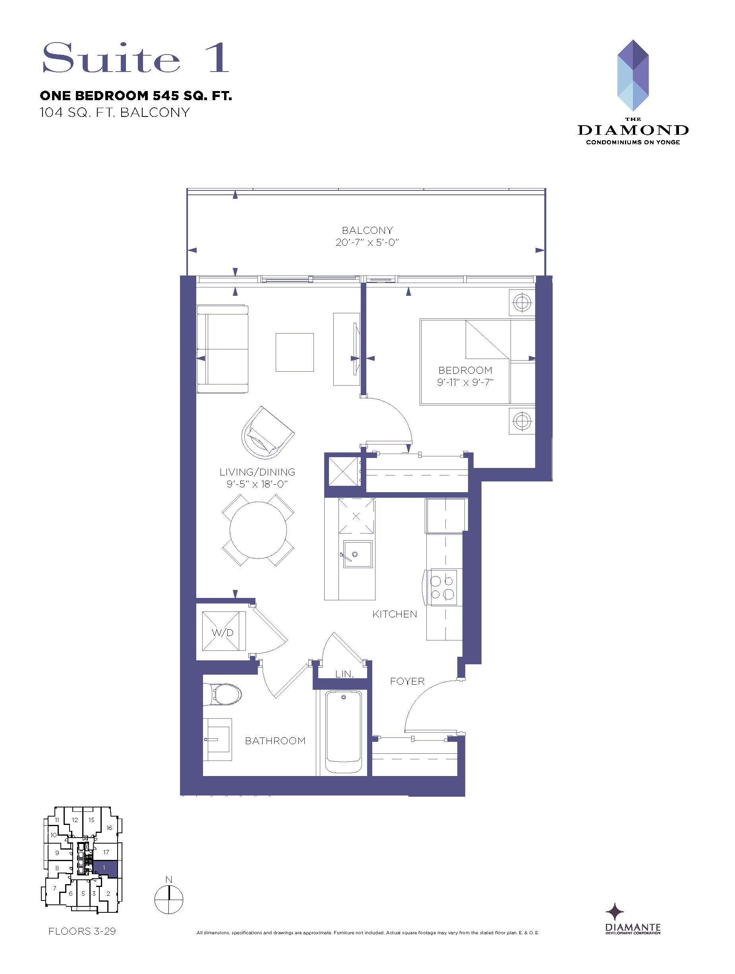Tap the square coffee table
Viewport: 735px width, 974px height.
pos(294,352)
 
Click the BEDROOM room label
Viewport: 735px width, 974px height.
pos(465,370)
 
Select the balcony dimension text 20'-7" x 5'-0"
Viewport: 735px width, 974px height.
pos(367,242)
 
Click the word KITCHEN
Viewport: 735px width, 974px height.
pos(395,614)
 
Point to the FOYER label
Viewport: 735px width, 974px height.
pos(407,681)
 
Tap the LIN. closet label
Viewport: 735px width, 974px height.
pos(344,674)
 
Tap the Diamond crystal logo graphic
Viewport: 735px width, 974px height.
pos(633,75)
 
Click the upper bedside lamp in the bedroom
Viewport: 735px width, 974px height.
pos(522,303)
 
